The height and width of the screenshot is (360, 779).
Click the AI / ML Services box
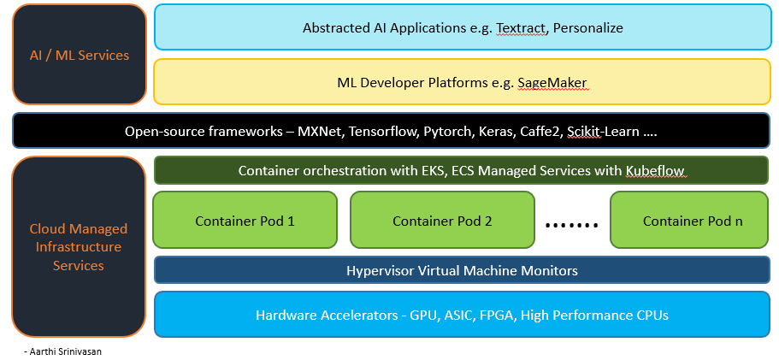(80, 55)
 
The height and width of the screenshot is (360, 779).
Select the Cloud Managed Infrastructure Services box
(79, 247)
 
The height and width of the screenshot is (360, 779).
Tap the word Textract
(521, 27)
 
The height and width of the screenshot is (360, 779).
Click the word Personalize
(588, 27)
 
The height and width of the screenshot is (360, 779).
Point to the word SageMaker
(552, 83)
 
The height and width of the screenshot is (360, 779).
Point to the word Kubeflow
(657, 171)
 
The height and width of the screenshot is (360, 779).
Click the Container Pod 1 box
(245, 221)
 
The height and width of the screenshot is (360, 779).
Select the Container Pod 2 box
(442, 221)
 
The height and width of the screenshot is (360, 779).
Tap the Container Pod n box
(692, 221)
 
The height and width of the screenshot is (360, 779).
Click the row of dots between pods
(573, 225)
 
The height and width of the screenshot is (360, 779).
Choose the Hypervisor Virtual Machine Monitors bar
(462, 270)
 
